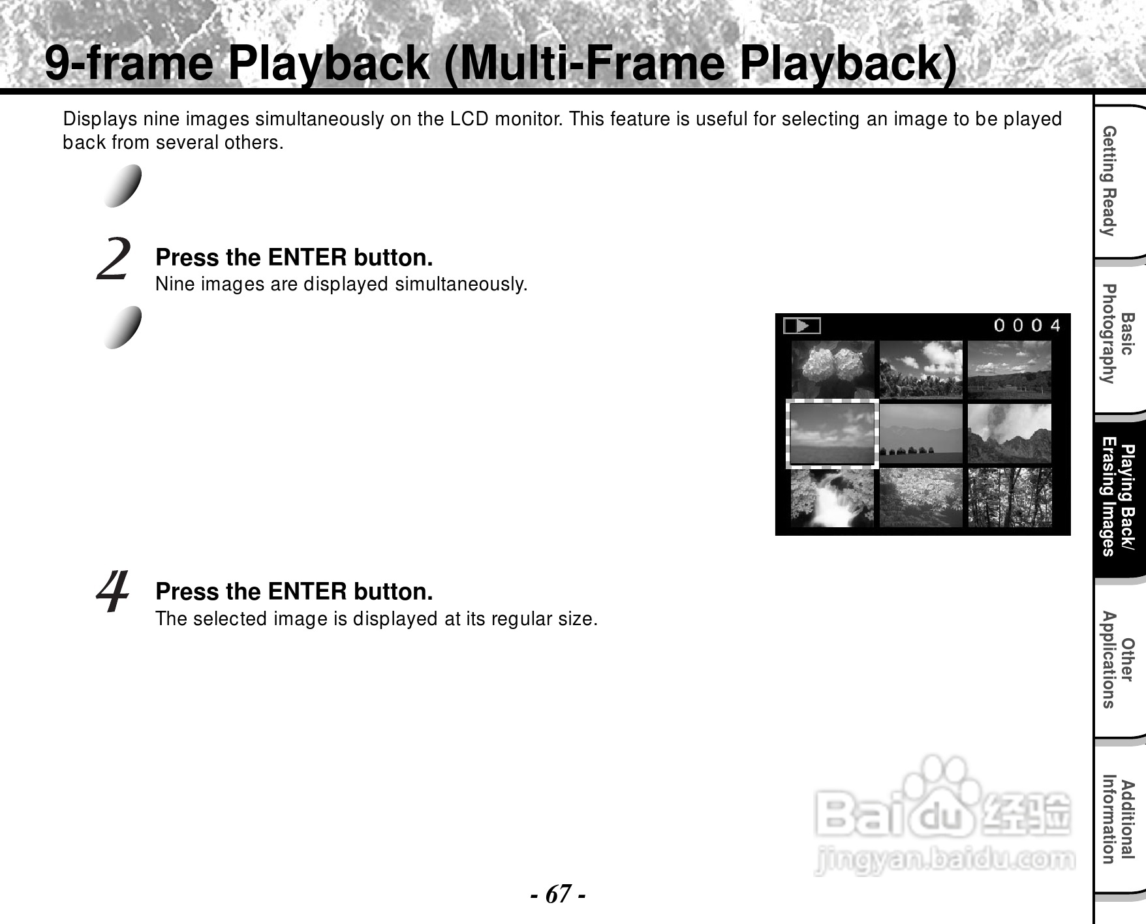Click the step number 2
point(114,259)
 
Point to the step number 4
point(112,592)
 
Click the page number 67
point(558,893)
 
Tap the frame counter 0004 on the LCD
point(1027,325)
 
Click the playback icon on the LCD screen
point(801,326)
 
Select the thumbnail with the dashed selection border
point(832,433)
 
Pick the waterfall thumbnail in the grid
point(832,498)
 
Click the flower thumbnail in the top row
point(832,369)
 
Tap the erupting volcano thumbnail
point(1009,433)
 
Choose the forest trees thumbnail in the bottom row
point(1009,498)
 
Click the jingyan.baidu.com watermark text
point(944,860)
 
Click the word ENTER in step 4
point(307,591)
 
